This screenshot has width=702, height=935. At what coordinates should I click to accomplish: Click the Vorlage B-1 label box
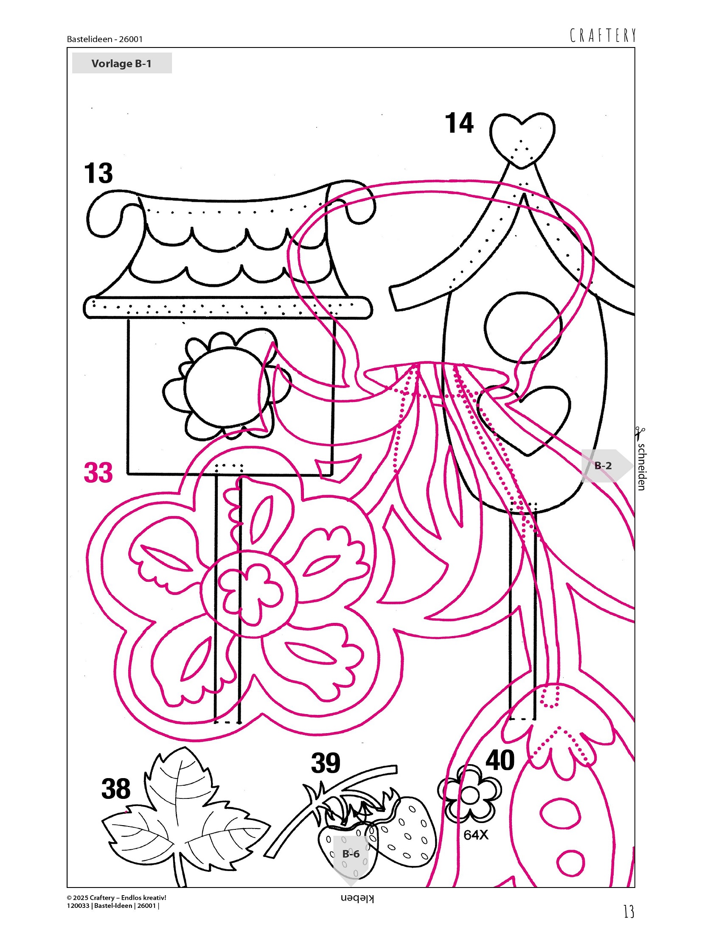click(x=122, y=63)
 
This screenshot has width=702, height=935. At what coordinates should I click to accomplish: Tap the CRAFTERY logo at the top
click(x=603, y=36)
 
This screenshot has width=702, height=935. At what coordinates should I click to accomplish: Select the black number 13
click(x=98, y=173)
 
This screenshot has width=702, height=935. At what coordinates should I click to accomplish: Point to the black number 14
click(x=459, y=123)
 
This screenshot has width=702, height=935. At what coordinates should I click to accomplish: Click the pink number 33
click(x=98, y=472)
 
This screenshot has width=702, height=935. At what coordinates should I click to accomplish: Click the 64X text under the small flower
click(x=476, y=835)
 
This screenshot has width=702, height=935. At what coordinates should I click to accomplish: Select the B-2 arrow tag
click(x=606, y=466)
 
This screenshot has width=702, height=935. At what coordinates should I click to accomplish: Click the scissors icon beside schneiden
click(x=640, y=433)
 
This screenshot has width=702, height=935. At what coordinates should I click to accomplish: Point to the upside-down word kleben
click(x=357, y=899)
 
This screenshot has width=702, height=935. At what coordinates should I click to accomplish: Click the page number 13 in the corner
click(x=629, y=911)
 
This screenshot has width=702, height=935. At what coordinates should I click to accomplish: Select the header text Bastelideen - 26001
click(x=105, y=39)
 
